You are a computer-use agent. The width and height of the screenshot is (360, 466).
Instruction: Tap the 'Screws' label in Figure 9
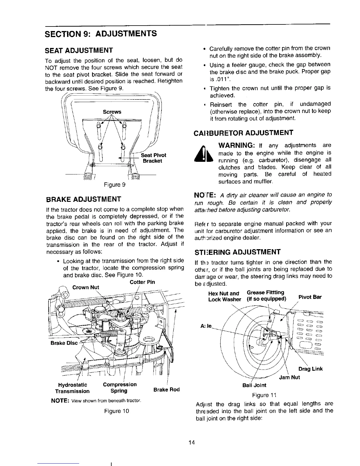click(112, 112)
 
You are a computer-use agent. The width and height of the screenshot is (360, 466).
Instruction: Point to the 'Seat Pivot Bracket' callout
click(154, 158)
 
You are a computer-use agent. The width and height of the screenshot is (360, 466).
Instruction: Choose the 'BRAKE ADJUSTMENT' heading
click(84, 199)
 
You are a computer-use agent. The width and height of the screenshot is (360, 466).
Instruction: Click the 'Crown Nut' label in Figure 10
click(86, 287)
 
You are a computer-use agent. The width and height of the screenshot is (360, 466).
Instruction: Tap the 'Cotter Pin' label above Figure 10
click(142, 282)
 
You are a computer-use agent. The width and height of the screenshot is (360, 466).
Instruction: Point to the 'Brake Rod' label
click(166, 390)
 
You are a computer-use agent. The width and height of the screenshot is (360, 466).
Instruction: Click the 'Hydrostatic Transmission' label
click(72, 388)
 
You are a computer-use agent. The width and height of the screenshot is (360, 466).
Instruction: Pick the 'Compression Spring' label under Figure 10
click(119, 388)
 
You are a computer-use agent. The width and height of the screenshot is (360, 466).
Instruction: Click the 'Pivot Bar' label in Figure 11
click(310, 297)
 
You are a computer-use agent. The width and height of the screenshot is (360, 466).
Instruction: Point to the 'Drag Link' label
click(310, 369)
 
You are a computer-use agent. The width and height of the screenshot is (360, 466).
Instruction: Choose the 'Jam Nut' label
click(289, 377)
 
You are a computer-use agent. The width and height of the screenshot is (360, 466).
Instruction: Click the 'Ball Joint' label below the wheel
click(254, 385)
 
